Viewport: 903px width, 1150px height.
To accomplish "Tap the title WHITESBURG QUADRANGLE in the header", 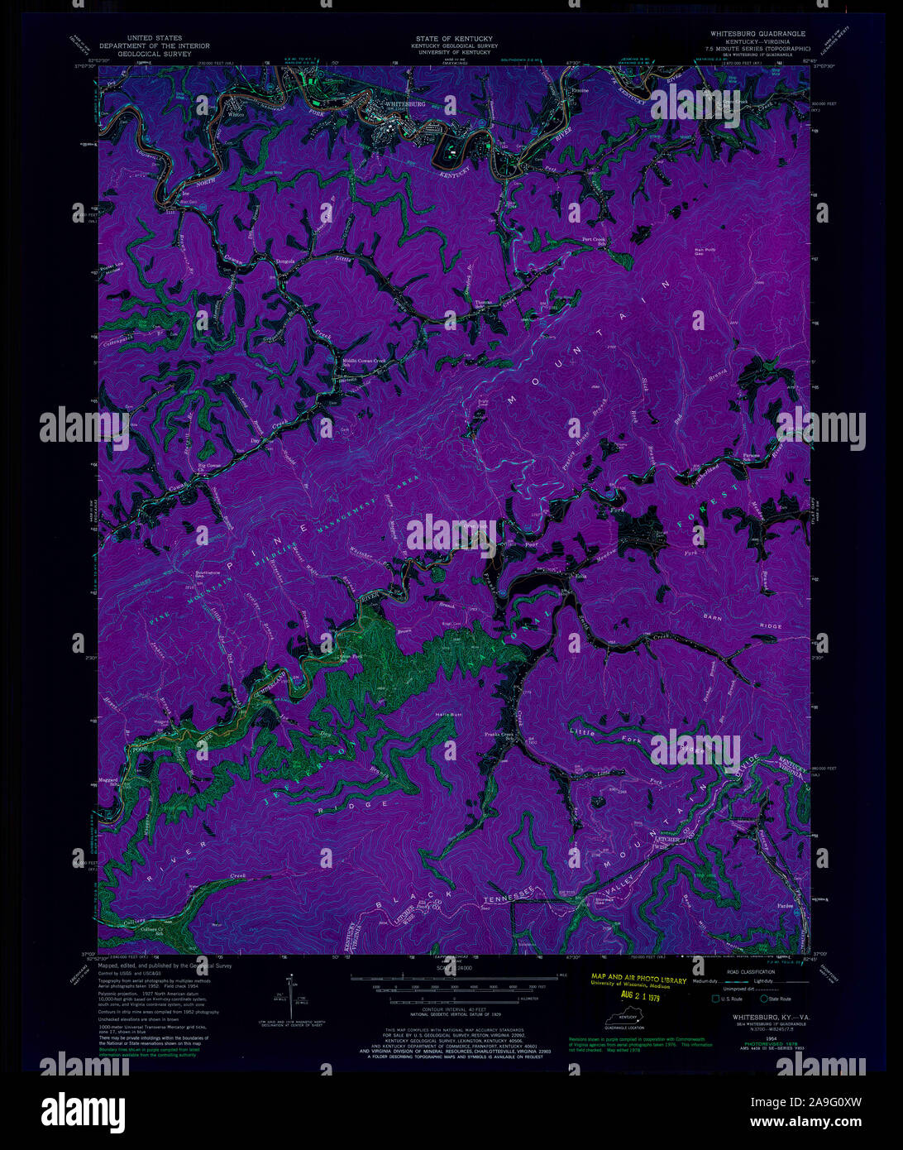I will point(757,34).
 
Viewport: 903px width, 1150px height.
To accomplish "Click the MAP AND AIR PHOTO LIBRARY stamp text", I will point(638,980).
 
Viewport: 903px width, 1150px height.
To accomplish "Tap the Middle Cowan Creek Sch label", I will point(365,362).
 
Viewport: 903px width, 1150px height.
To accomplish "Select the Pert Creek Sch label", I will point(594,241).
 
